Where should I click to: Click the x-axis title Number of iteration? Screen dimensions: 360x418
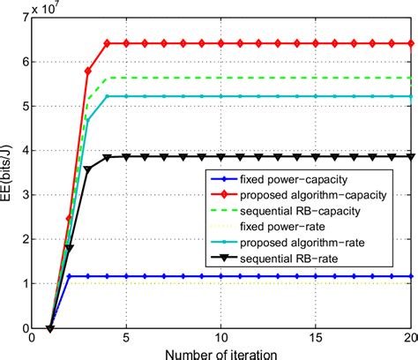click(x=221, y=351)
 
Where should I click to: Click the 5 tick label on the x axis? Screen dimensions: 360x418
click(x=126, y=337)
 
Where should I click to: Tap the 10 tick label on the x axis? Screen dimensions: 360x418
click(x=221, y=337)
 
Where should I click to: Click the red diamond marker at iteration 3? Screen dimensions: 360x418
click(x=89, y=71)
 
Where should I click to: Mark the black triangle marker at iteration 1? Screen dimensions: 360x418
click(x=50, y=328)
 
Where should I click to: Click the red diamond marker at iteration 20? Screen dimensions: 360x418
click(x=412, y=43)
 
